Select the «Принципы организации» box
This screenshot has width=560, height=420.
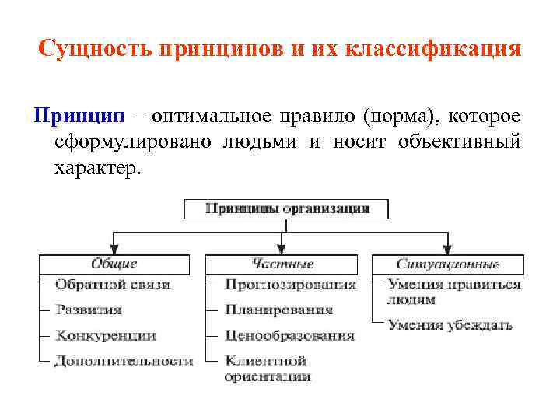(x=287, y=208)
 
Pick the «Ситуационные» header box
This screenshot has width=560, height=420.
(x=448, y=264)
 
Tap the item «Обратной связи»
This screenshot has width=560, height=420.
(x=113, y=285)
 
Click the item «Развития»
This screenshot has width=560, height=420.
(x=89, y=310)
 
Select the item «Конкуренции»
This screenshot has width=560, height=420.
(x=106, y=335)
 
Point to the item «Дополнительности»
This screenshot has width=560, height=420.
(x=124, y=361)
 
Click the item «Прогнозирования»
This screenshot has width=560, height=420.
(x=290, y=285)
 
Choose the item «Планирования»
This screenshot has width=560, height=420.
(x=278, y=310)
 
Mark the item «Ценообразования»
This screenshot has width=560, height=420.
(x=289, y=335)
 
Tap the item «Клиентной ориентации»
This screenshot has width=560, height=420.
(x=268, y=369)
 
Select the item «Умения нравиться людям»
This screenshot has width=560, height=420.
(x=453, y=292)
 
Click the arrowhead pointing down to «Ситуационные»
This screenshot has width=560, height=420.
(x=448, y=250)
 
